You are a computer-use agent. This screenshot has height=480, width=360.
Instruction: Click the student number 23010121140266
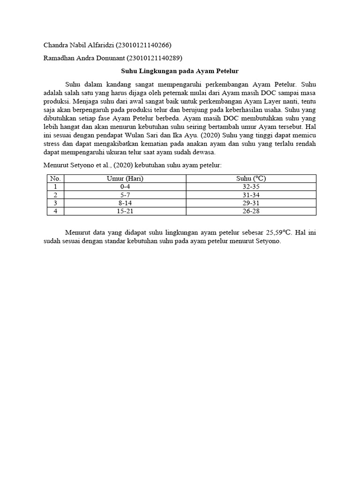pyautogui.click(x=144, y=45)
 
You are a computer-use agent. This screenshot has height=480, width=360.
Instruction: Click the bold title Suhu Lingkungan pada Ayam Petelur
pyautogui.click(x=180, y=71)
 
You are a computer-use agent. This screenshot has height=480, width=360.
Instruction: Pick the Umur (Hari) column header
pyautogui.click(x=125, y=178)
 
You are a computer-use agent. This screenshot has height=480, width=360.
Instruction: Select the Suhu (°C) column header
pyautogui.click(x=251, y=178)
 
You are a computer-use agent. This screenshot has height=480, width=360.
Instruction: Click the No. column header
pyautogui.click(x=55, y=178)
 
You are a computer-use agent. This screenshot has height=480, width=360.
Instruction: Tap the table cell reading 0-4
pyautogui.click(x=125, y=187)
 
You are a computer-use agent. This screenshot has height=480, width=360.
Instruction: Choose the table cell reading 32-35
pyautogui.click(x=251, y=187)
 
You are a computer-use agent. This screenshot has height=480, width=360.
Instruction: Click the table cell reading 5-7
pyautogui.click(x=125, y=195)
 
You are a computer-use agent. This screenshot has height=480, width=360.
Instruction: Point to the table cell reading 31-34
pyautogui.click(x=251, y=195)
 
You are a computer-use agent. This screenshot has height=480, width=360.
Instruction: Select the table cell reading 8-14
pyautogui.click(x=125, y=203)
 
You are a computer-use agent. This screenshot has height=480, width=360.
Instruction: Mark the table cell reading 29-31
pyautogui.click(x=251, y=203)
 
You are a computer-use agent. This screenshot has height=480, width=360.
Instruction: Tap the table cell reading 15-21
pyautogui.click(x=125, y=211)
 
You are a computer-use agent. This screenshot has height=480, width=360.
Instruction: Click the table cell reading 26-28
pyautogui.click(x=251, y=211)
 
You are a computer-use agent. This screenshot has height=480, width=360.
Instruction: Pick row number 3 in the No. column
pyautogui.click(x=55, y=203)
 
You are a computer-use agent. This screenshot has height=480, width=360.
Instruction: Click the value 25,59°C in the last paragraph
pyautogui.click(x=279, y=232)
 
